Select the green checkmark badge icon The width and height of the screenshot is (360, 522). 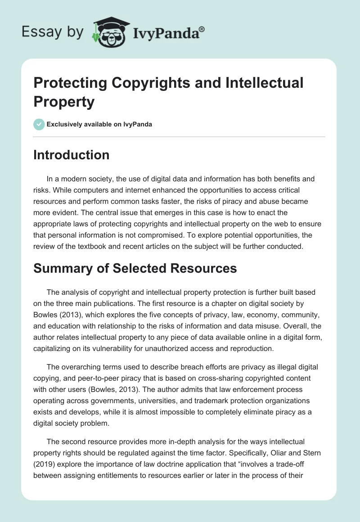tap(39, 124)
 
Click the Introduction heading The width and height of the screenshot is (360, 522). tap(72, 155)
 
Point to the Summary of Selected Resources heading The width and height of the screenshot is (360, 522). tap(135, 268)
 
